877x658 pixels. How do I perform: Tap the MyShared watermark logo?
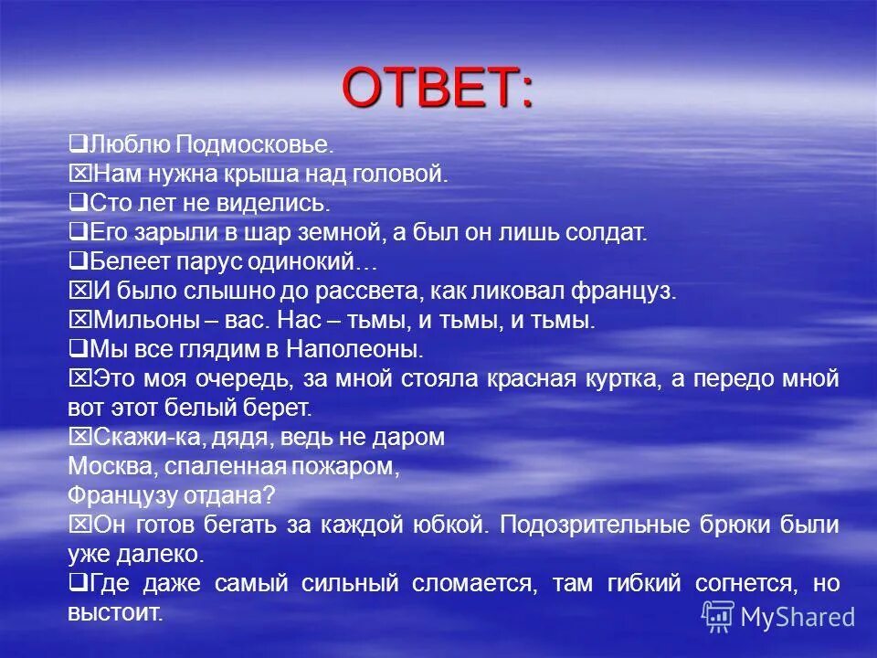coord(778,617)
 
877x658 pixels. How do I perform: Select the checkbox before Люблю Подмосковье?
coord(78,143)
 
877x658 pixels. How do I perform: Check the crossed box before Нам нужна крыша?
coord(78,173)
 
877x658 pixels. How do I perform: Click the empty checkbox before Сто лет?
coord(78,202)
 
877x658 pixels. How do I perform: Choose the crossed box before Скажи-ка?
coord(78,436)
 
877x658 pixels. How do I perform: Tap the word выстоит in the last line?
coord(113,612)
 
